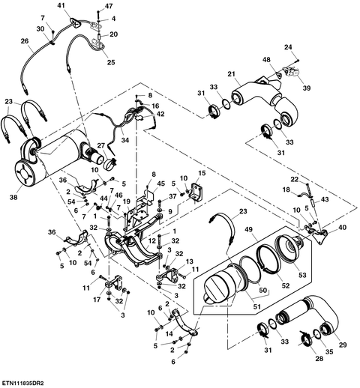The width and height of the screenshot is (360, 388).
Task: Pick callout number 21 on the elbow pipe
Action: [232, 76]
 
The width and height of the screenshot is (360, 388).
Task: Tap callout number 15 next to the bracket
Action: [201, 174]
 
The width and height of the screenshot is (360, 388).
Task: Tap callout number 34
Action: [126, 140]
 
